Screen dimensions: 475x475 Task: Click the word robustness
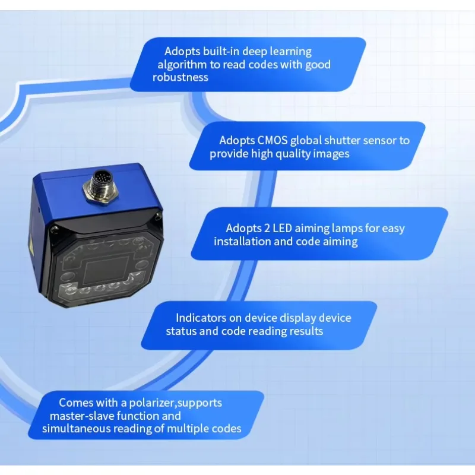pyautogui.click(x=180, y=77)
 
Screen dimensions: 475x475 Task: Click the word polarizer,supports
pyautogui.click(x=175, y=403)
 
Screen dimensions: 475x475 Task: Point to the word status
pyautogui.click(x=181, y=331)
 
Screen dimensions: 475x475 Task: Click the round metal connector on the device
pyautogui.click(x=100, y=187)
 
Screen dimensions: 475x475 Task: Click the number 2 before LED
pyautogui.click(x=267, y=228)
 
